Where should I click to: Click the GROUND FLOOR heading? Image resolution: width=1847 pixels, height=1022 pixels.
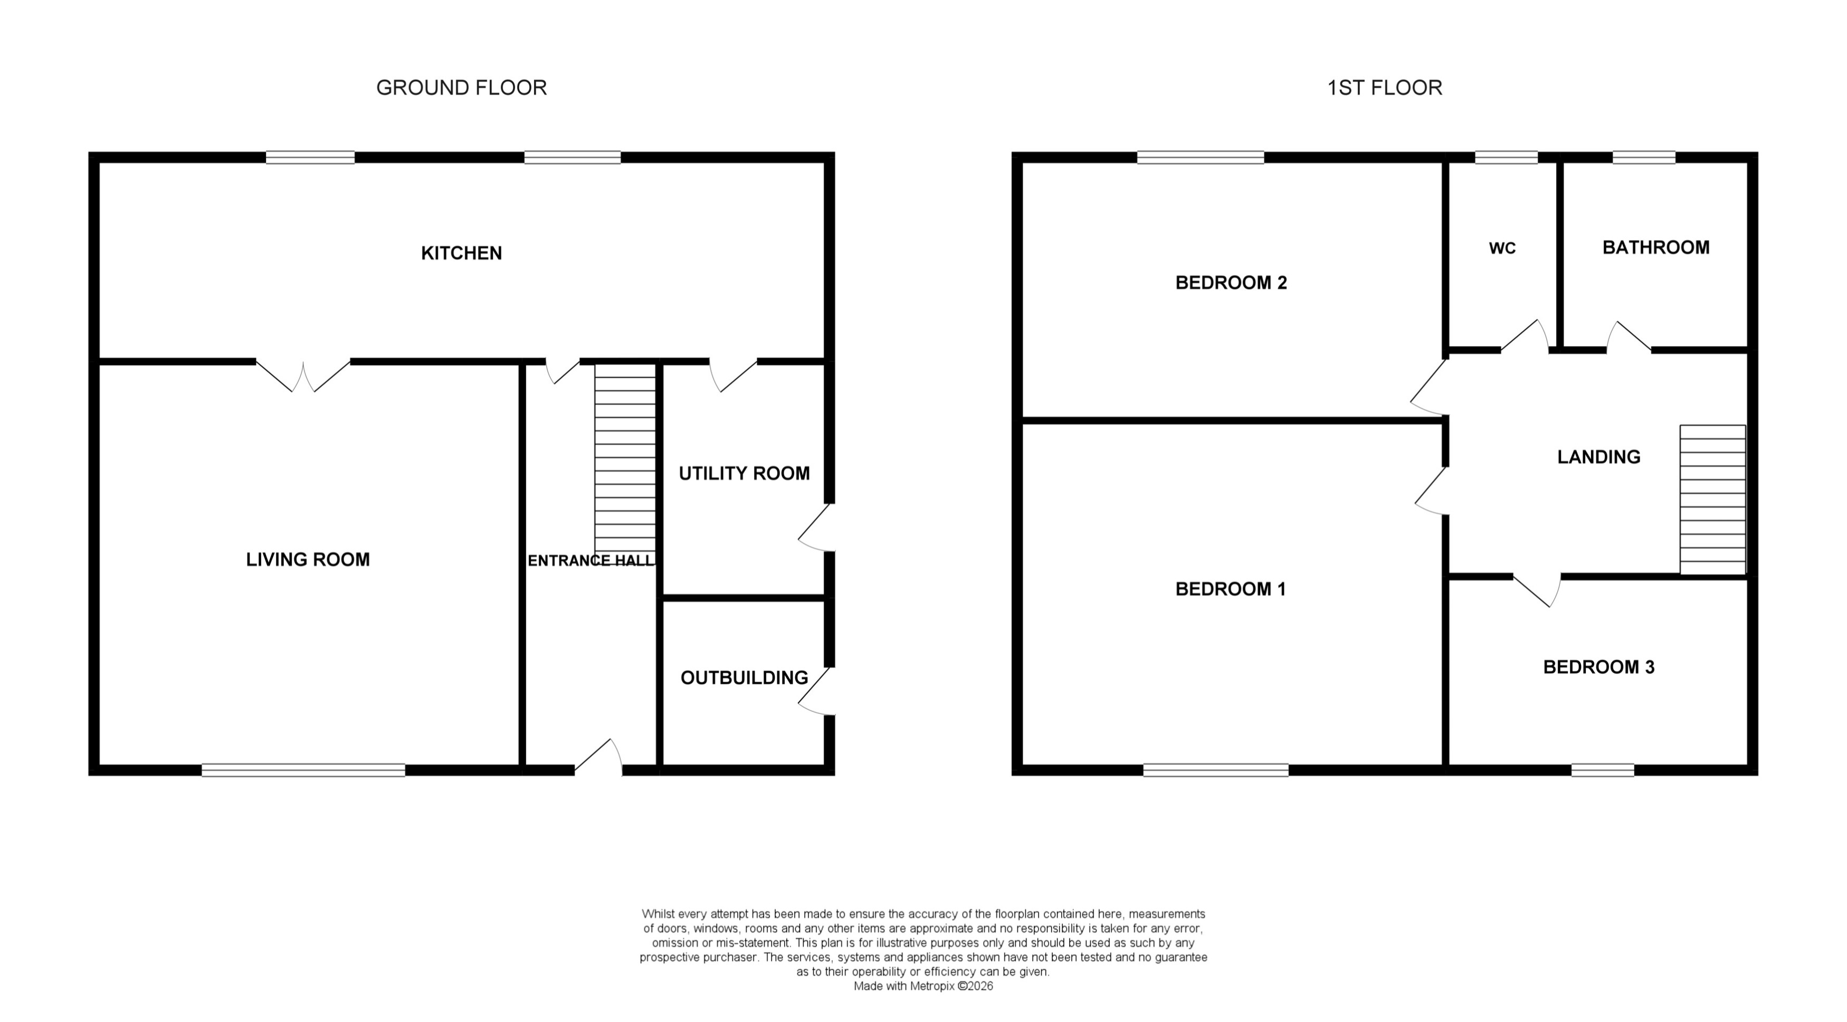pyautogui.click(x=461, y=88)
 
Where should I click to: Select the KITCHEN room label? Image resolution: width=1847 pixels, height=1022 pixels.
pyautogui.click(x=461, y=253)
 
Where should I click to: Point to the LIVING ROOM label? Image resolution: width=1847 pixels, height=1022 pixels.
pyautogui.click(x=308, y=560)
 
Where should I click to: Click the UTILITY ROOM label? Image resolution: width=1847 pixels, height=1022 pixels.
pyautogui.click(x=744, y=473)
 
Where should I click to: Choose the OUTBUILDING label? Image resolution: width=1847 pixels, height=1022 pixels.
pyautogui.click(x=744, y=677)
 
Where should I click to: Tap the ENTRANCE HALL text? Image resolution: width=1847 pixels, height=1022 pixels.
pyautogui.click(x=591, y=560)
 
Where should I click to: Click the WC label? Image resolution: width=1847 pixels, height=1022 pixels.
pyautogui.click(x=1502, y=248)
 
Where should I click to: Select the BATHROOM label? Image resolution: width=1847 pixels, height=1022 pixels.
pyautogui.click(x=1655, y=247)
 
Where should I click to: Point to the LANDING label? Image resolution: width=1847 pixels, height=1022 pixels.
pyautogui.click(x=1598, y=456)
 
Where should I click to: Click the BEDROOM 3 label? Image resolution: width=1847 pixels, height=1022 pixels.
pyautogui.click(x=1598, y=667)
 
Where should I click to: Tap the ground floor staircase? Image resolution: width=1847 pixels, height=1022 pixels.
pyautogui.click(x=624, y=459)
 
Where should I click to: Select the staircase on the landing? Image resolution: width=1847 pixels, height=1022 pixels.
pyautogui.click(x=1712, y=500)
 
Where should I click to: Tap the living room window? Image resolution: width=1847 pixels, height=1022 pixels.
pyautogui.click(x=303, y=770)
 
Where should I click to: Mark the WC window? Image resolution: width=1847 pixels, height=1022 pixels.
pyautogui.click(x=1506, y=157)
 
